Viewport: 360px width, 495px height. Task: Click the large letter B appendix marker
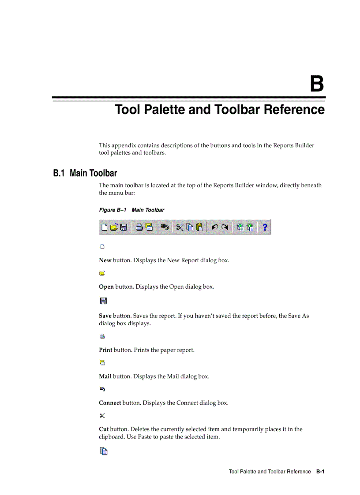coord(317,84)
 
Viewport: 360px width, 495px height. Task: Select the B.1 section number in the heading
coord(59,173)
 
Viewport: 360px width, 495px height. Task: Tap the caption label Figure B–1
coord(112,210)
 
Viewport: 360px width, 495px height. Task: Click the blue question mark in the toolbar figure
coord(265,227)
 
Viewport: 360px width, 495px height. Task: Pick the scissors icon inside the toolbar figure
coord(180,227)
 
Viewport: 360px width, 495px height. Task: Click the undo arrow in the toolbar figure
coord(214,227)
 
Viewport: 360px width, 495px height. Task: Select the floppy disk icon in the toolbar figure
coord(124,227)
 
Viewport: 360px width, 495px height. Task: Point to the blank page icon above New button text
coord(102,247)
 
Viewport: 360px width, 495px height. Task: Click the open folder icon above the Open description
coord(102,273)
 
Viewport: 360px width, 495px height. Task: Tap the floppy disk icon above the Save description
coord(103,301)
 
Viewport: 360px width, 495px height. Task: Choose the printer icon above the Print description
coord(102,336)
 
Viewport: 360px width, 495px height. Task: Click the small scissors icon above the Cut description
coord(102,416)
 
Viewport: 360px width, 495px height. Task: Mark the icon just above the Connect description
coord(102,389)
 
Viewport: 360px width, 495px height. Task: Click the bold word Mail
coord(105,376)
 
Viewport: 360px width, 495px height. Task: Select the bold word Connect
coord(110,403)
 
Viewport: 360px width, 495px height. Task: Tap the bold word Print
coord(105,350)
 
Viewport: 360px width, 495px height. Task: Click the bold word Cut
coord(104,429)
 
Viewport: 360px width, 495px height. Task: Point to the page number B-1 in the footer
coord(320,472)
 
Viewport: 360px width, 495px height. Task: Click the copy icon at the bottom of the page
coord(103,451)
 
